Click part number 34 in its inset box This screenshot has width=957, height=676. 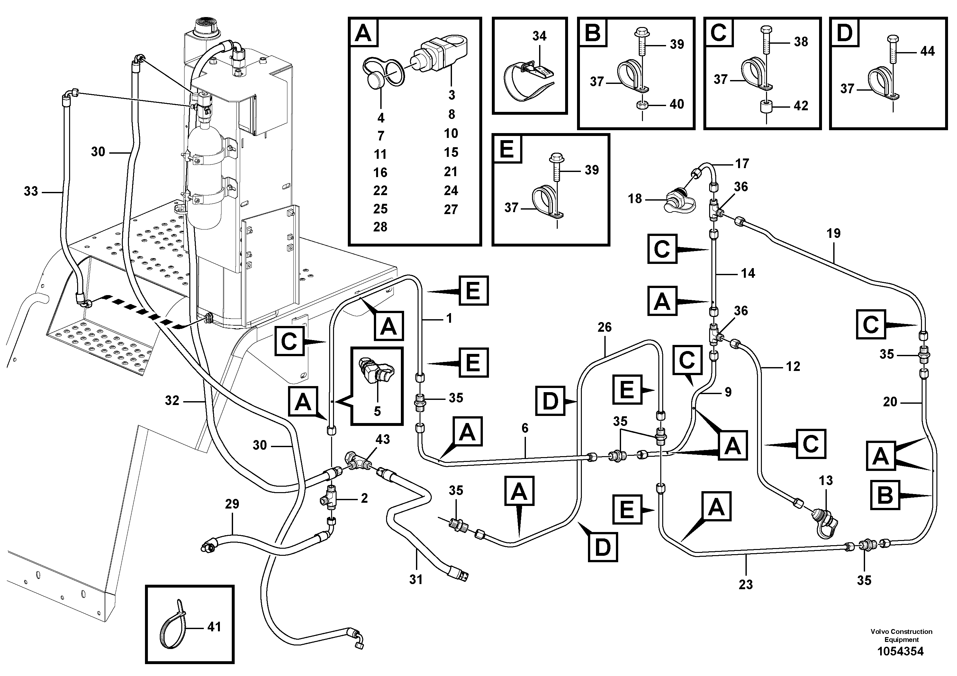(539, 36)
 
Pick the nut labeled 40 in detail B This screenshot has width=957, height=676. (642, 104)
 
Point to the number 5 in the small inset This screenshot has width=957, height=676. (377, 411)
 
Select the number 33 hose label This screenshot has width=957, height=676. (31, 191)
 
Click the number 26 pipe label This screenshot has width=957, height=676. (604, 327)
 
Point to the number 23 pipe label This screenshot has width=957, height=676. (746, 584)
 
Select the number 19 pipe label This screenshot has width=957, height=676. (833, 234)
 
